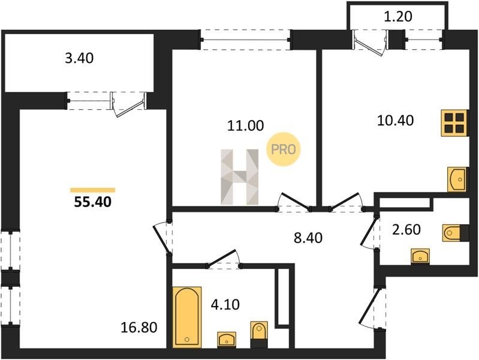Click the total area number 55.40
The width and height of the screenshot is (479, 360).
pos(92,202)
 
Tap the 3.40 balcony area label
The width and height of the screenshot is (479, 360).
pos(79,58)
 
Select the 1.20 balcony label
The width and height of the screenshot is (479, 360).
pos(397,17)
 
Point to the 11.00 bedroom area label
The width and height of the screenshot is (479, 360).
pos(245,126)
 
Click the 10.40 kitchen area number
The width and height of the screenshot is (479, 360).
pos(395,121)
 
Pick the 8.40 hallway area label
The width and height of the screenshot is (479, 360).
pos(308,238)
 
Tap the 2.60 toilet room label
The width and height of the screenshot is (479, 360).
pos(406,229)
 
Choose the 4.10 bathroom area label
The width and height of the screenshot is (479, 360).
pos(225,305)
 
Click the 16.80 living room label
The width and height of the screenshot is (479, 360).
pos(139,328)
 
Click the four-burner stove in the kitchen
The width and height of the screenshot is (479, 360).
pos(454,122)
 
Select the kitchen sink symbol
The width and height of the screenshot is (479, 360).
pos(457,179)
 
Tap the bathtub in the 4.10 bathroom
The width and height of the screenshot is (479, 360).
pos(187,317)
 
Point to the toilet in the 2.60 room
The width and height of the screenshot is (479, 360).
pos(455,233)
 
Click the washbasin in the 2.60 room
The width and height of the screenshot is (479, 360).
pos(420,256)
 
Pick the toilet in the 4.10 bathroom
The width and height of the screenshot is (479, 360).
pos(259,334)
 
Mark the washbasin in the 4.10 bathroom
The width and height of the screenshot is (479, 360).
pos(227,339)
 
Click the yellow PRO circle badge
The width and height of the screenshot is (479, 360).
pos(284,149)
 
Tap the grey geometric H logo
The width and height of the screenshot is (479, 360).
pos(240,177)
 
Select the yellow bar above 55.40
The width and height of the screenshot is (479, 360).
pos(92,190)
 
